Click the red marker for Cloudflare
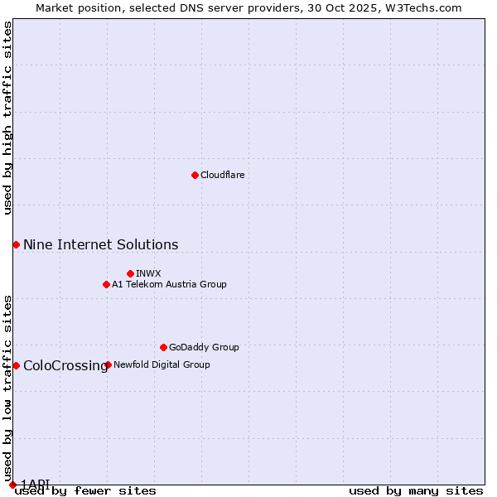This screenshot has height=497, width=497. (x=195, y=175)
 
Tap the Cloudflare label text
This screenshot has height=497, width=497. (x=222, y=175)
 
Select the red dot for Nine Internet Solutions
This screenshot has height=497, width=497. (x=16, y=244)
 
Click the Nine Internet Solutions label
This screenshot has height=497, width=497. (x=100, y=244)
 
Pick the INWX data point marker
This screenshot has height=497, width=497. (x=130, y=273)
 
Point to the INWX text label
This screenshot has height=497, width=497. (x=148, y=273)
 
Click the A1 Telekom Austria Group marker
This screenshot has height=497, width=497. (x=106, y=284)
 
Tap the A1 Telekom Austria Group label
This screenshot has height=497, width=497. (x=169, y=284)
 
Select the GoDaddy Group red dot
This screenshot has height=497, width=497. (x=163, y=347)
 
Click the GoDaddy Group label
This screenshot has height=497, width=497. (x=204, y=347)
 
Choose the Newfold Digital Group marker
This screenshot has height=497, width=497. (x=108, y=364)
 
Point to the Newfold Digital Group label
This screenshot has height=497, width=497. (x=162, y=364)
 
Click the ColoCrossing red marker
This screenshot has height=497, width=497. (x=16, y=365)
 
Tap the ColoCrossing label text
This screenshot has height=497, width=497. (x=65, y=365)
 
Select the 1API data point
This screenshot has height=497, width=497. (x=12, y=485)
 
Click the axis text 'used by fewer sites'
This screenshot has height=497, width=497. (x=85, y=491)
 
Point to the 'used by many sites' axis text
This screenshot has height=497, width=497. (x=416, y=491)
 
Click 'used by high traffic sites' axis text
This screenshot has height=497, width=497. (x=7, y=118)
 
